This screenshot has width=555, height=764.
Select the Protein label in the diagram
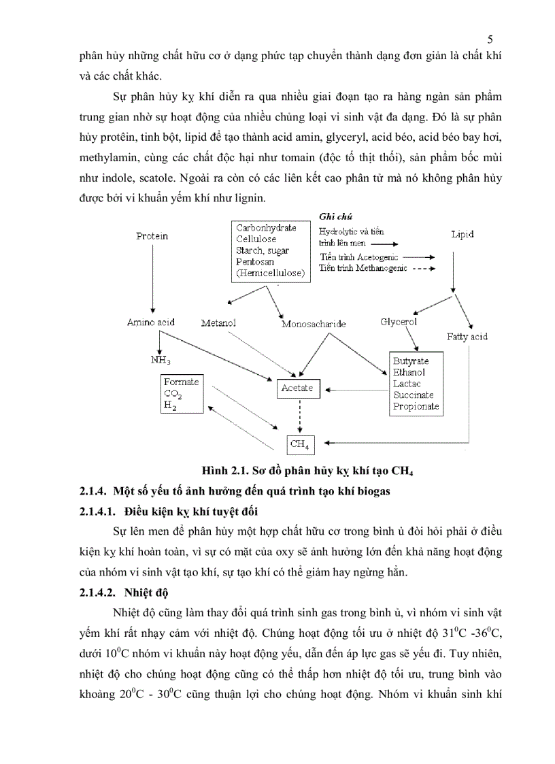152,236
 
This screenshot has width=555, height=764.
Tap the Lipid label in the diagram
462,234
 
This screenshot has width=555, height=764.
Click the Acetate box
297,388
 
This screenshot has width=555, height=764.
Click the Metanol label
218,322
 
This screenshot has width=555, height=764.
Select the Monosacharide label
314,325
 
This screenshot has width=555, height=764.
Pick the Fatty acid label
467,337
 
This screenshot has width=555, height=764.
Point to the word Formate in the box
181,382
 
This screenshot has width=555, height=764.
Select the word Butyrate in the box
410,360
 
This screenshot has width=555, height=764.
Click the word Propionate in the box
416,407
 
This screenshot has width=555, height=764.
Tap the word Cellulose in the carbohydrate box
256,239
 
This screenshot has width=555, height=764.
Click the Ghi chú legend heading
335,216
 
